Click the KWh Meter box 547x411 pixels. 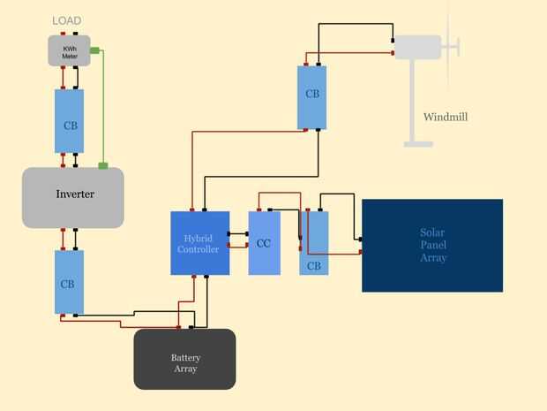[69, 50]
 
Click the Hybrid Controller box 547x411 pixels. [199, 243]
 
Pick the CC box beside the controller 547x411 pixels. [264, 243]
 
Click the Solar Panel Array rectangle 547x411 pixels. [432, 245]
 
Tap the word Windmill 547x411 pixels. [445, 117]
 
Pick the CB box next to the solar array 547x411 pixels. [314, 243]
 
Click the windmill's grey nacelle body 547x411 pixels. [417, 47]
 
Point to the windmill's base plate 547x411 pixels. [418, 143]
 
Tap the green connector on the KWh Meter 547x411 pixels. [94, 49]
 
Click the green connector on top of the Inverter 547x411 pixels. [103, 165]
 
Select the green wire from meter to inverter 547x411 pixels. [103, 106]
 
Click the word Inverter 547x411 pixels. [75, 194]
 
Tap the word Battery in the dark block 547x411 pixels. [185, 358]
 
